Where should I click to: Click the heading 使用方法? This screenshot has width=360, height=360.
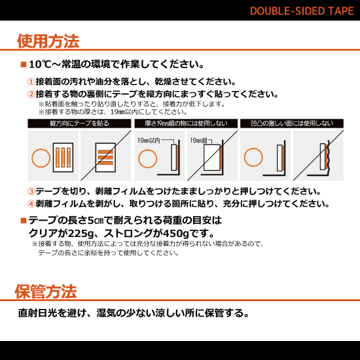pos(48,41)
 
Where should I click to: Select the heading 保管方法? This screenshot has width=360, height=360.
pos(46,291)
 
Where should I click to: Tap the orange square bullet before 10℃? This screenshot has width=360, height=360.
pos(24,65)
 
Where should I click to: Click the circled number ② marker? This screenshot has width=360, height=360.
pos(31,94)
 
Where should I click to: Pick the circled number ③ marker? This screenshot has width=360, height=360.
pos(31,191)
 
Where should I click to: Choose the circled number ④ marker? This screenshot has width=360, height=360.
pos(31,203)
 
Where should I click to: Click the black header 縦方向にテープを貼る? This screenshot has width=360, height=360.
pos(79,123)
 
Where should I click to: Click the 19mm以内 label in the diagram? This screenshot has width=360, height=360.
pos(149,140)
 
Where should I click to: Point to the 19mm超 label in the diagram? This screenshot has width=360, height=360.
pos(199,140)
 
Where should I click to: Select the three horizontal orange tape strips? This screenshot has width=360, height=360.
pos(105,158)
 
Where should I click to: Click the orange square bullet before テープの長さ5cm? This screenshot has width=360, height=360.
pos(24,221)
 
